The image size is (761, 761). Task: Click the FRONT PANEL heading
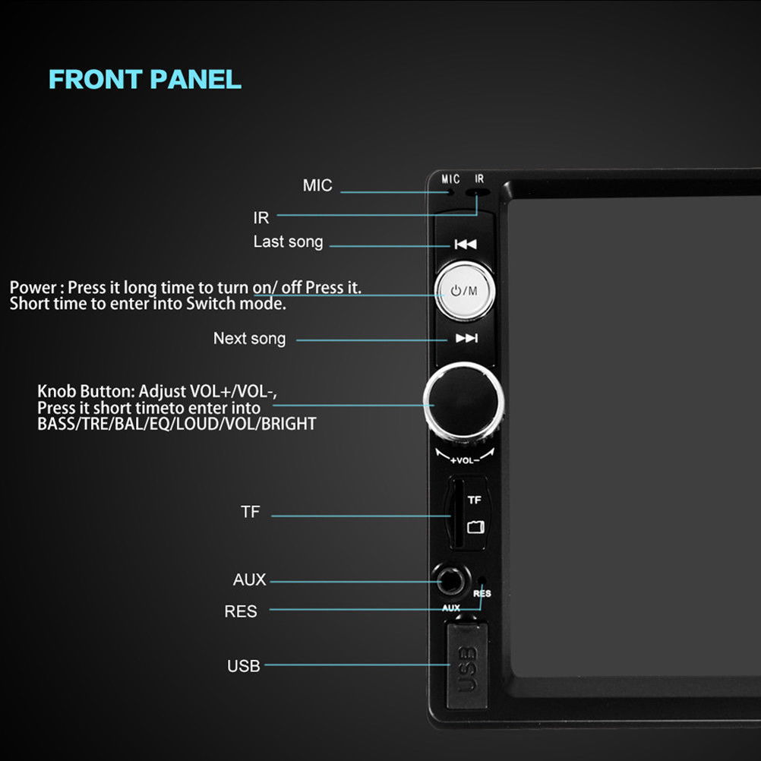coord(144,79)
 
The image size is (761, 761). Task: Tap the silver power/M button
coord(465,291)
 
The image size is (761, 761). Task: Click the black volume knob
coord(463,402)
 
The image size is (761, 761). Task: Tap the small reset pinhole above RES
coord(482,580)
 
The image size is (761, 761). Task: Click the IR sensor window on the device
coord(477,193)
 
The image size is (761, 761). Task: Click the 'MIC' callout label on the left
coord(317,185)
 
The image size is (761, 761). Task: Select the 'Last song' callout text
coord(289,242)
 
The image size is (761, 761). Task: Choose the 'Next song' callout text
coord(249,338)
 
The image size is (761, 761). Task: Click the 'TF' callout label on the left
coord(251,512)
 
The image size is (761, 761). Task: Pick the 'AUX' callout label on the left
coord(249,579)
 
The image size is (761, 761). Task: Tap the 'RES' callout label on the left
coord(241,611)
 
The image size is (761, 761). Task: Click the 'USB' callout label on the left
coord(244,666)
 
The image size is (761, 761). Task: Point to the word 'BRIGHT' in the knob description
coord(289,424)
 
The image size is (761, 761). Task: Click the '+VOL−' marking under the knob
coord(465,460)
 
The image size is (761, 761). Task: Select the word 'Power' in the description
coord(33,287)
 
